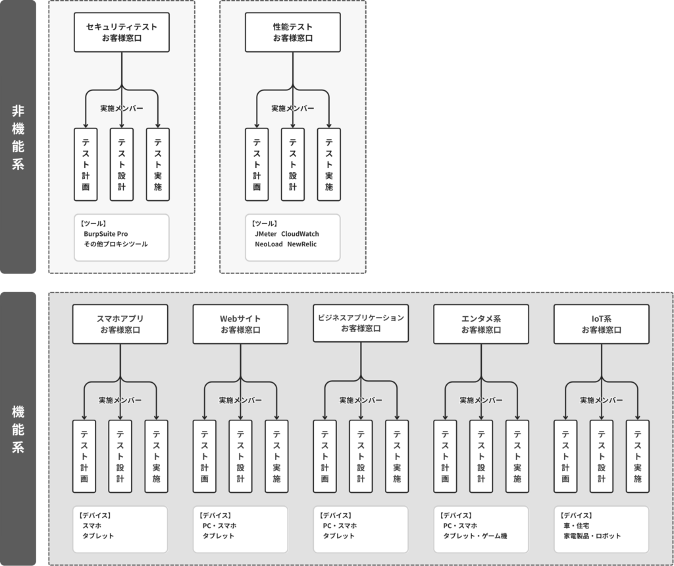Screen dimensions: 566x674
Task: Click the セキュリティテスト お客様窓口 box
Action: [x=122, y=33]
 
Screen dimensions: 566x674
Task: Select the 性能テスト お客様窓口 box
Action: [x=293, y=33]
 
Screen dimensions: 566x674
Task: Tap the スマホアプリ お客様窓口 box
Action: [x=120, y=324]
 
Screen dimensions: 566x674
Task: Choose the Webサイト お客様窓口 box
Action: [x=240, y=324]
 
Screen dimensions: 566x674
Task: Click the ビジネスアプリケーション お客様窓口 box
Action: [x=361, y=323]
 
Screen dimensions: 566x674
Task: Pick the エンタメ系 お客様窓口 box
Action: [x=480, y=324]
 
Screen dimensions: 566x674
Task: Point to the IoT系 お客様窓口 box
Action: [x=602, y=324]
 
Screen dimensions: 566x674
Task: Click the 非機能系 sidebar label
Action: [x=18, y=137]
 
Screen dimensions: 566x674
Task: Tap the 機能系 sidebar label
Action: [x=18, y=429]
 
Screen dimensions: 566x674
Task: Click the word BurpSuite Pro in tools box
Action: [x=106, y=234]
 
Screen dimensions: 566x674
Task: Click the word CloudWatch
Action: [x=300, y=234]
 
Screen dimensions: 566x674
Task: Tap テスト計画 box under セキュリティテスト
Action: [x=86, y=164]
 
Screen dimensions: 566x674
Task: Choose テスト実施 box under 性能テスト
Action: [x=328, y=164]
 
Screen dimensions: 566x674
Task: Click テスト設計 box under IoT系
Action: [x=602, y=456]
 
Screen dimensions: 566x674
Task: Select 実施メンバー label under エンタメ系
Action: [x=481, y=400]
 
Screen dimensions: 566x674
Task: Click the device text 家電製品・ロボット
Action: [x=592, y=536]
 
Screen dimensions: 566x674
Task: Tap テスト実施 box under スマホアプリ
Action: [x=157, y=456]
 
